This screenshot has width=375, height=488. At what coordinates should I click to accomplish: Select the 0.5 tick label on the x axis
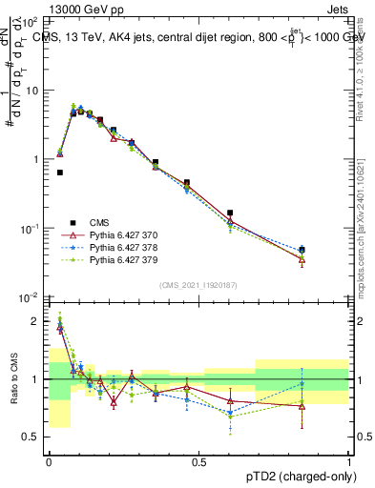click(198, 461)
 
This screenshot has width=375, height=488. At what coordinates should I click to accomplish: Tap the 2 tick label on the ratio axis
click(36, 321)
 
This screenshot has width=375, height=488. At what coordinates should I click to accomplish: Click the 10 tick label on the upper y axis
click(31, 91)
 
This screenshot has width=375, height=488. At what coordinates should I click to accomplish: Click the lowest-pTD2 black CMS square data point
click(60, 173)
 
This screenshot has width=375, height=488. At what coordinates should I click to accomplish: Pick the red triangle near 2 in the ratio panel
click(60, 327)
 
